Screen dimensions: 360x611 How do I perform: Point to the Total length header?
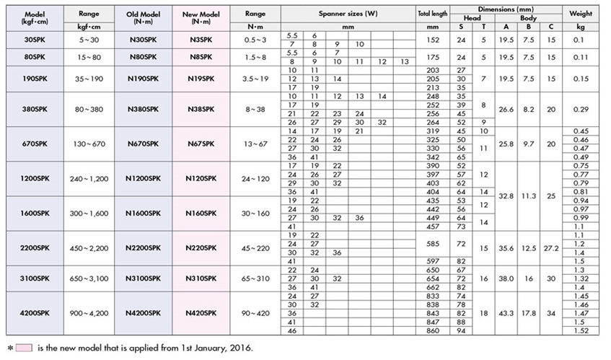(x=432, y=13)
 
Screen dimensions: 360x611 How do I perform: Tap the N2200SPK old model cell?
(x=141, y=247)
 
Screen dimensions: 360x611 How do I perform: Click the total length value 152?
(x=431, y=38)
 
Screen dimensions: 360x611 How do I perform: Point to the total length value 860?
(x=431, y=330)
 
